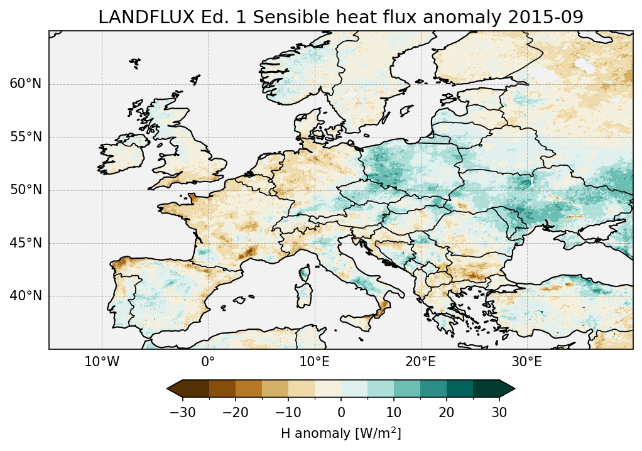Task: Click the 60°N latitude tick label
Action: tap(25, 84)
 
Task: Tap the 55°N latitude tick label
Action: tap(25, 137)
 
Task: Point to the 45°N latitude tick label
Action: tap(25, 243)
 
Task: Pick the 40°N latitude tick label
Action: tap(25, 296)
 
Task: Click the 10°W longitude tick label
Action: tap(102, 362)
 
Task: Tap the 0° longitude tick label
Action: tap(208, 362)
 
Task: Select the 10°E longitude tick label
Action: tap(314, 362)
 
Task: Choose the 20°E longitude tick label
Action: tap(420, 362)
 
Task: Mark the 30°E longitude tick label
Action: tap(526, 362)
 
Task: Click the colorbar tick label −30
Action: tap(182, 413)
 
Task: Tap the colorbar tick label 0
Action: tap(341, 413)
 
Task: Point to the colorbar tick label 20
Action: tap(447, 413)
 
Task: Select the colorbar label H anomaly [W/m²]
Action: tap(340, 433)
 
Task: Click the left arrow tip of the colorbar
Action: tap(168, 389)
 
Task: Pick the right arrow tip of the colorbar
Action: tap(514, 389)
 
